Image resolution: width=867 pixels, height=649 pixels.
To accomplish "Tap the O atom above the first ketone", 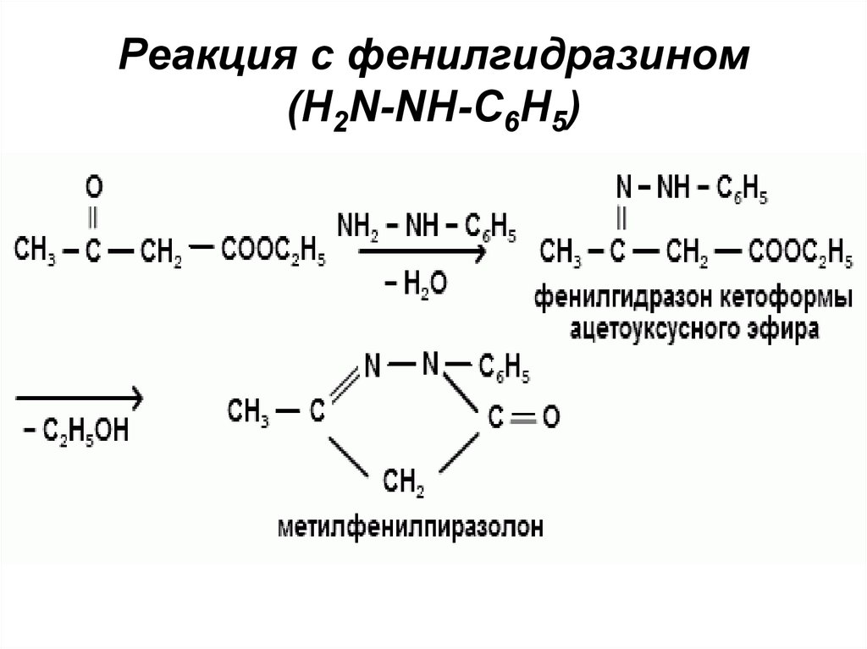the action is (95, 185).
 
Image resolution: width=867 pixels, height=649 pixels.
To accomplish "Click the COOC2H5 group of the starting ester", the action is (273, 251).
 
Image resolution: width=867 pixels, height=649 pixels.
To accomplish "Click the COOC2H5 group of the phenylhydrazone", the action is (798, 251).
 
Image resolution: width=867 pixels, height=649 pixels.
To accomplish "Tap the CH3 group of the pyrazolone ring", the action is (247, 413).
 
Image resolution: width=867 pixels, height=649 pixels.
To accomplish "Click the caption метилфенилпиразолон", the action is (408, 526).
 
